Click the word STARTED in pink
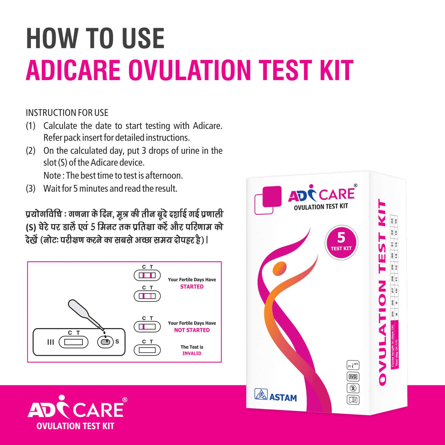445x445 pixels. click(192, 287)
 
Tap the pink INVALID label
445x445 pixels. click(192, 353)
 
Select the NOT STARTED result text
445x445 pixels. click(192, 330)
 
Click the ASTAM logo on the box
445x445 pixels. click(276, 397)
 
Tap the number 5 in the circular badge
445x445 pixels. click(341, 238)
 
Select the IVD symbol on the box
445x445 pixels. click(353, 377)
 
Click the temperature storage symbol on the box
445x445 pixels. click(353, 365)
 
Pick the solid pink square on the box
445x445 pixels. click(272, 196)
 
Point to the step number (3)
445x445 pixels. click(31, 189)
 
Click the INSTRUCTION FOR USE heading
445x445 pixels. click(67, 113)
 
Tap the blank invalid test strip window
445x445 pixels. click(147, 350)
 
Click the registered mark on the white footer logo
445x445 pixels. click(125, 400)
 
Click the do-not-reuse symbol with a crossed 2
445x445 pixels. click(353, 388)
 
